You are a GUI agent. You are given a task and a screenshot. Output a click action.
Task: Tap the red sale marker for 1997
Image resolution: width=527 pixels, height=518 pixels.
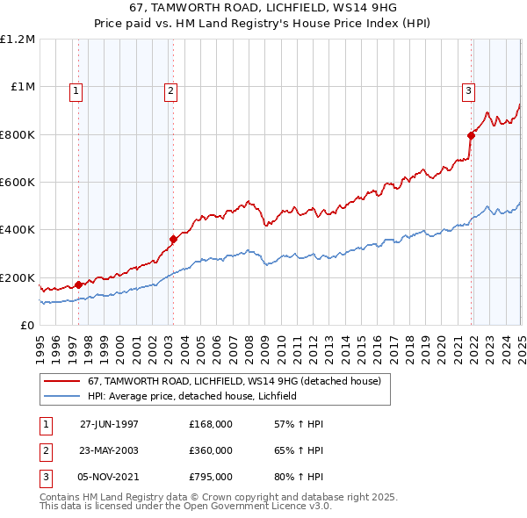pos(79,284)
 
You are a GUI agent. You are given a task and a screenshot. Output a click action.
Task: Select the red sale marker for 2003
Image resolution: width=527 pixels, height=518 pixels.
pos(174,239)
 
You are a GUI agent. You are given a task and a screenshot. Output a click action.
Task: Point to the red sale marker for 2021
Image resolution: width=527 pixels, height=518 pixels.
pos(471,135)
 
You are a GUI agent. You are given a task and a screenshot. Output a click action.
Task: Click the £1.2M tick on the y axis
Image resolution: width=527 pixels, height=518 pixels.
pos(18,40)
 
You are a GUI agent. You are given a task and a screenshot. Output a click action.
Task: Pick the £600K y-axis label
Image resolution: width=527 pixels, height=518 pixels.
pos(18,183)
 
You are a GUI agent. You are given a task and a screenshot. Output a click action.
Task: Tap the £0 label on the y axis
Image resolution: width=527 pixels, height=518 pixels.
pos(26,325)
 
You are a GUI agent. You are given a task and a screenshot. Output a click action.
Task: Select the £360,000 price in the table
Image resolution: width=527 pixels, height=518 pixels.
pos(211,450)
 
